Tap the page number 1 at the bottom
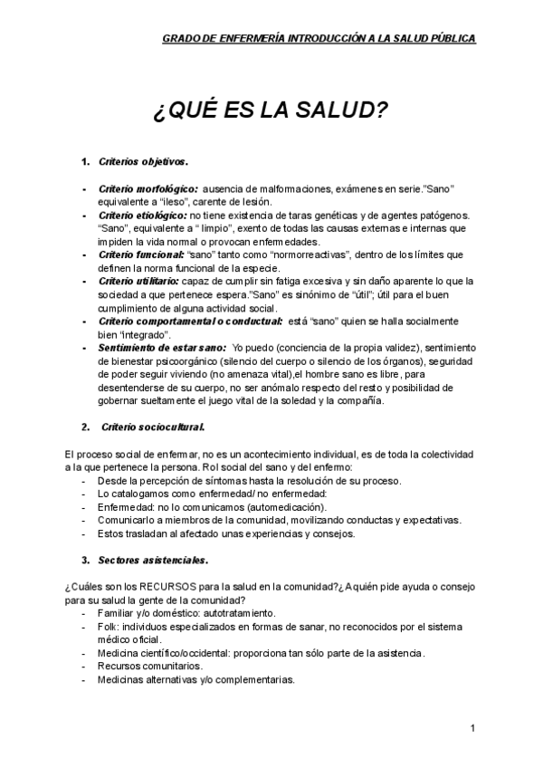coord(472,728)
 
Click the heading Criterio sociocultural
coord(153,426)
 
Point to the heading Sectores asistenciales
coord(155,559)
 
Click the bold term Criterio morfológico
coord(148,188)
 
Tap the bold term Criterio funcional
coord(140,255)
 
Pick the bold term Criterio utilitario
coord(139,282)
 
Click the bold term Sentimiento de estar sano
coord(161,348)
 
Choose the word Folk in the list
coord(108,627)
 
